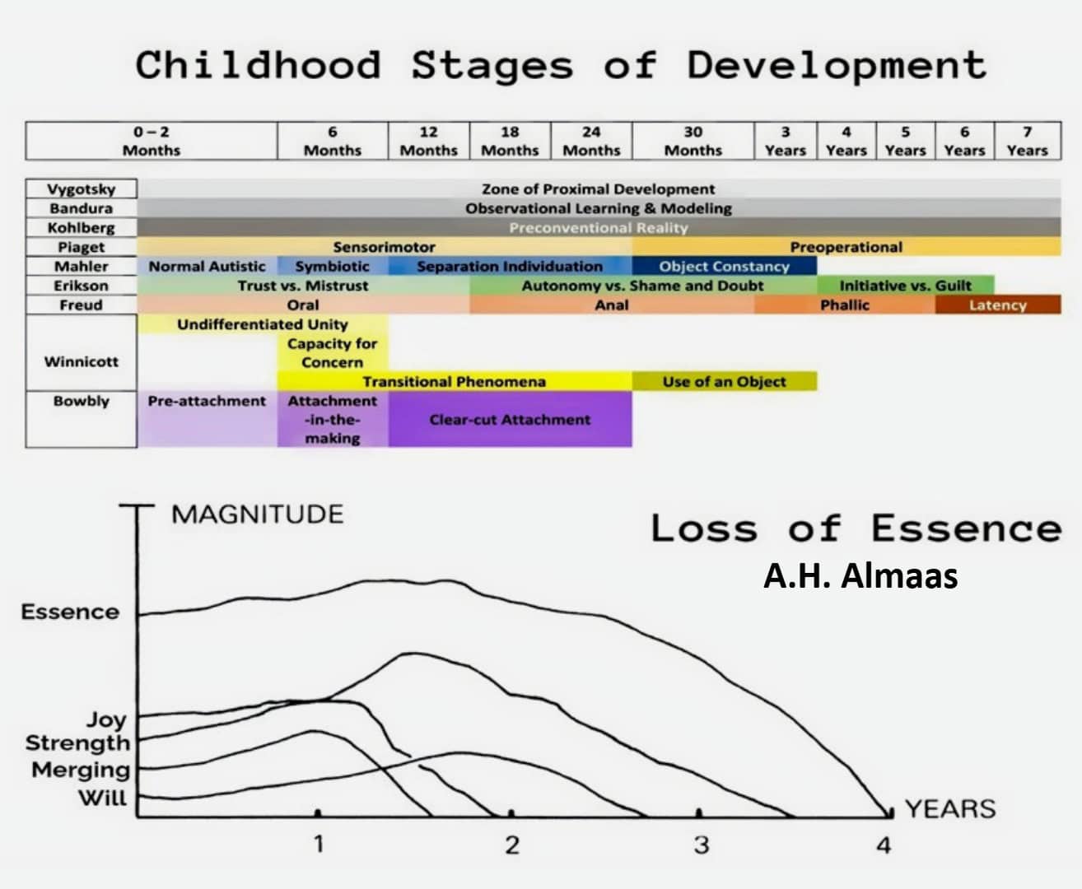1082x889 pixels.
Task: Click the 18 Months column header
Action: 510,141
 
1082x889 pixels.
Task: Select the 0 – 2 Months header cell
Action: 152,141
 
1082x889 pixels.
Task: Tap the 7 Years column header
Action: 1027,141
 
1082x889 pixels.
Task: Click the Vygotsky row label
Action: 81,189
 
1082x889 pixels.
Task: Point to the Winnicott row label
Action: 81,361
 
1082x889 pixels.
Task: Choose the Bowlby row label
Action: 81,401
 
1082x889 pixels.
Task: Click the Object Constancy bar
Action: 724,266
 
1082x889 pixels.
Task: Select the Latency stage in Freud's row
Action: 997,305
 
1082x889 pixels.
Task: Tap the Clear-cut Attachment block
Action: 510,419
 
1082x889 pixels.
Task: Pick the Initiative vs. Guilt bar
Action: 905,286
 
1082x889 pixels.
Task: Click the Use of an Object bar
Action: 724,381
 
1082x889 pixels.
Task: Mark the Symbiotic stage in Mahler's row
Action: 332,266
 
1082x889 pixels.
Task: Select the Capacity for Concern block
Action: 332,353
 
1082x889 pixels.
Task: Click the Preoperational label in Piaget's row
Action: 846,247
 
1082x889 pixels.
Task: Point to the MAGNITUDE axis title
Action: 257,514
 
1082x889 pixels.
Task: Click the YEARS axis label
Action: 950,809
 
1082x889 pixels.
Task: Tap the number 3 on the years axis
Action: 701,845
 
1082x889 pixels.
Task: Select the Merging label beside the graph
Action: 81,770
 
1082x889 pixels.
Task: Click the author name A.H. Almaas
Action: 860,576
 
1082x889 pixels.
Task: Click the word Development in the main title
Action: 837,65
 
